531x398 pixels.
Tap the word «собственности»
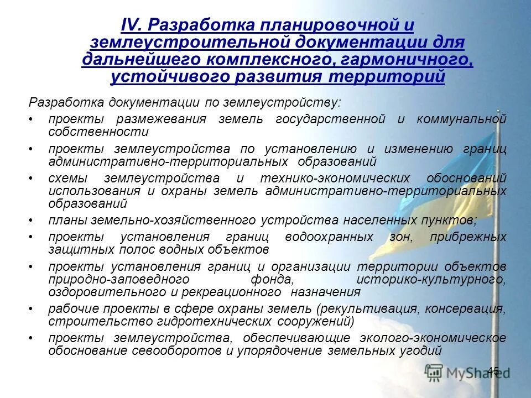point(98,132)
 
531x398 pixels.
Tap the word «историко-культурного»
point(431,279)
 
